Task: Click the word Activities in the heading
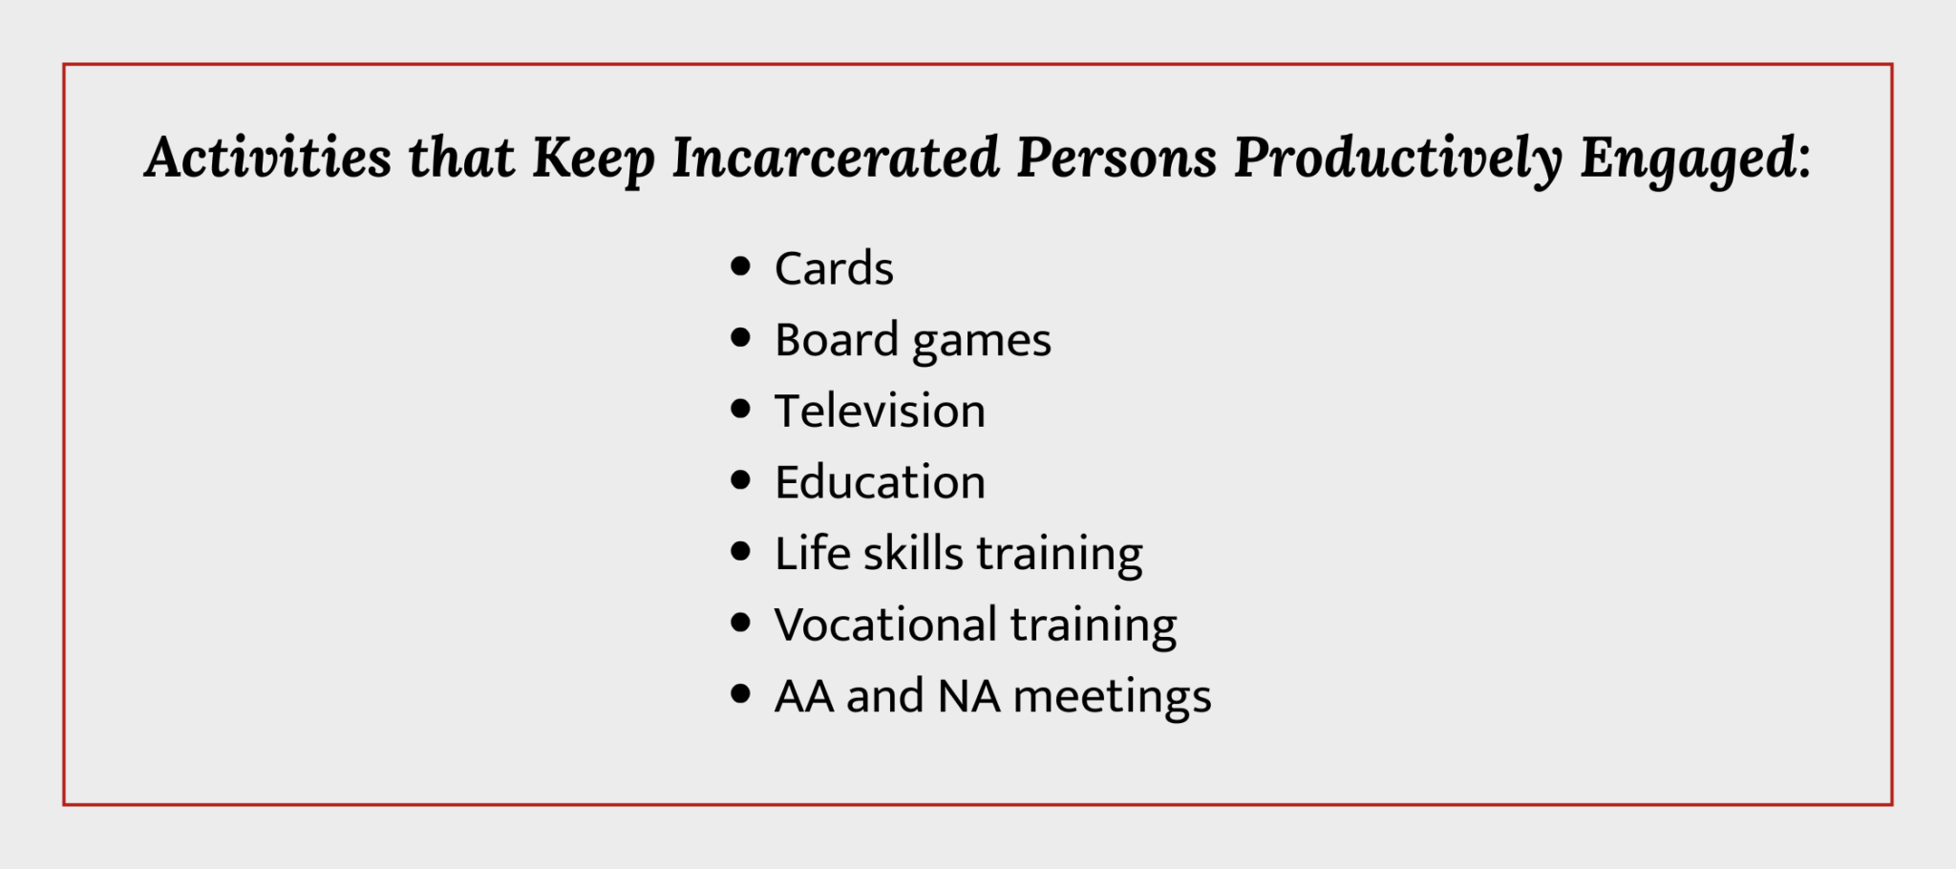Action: coord(268,158)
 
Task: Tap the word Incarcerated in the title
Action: coord(836,158)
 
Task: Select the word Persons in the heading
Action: coord(1116,158)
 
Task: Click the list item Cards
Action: coord(834,268)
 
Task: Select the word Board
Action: coord(837,340)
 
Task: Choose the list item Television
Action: coord(880,412)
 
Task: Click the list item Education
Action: coord(880,482)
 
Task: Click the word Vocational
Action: coord(885,625)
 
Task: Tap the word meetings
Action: coord(1112,698)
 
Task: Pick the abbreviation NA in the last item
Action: coord(968,696)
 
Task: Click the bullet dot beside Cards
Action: coord(740,266)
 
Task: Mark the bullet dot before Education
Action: coord(740,480)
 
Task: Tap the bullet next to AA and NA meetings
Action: coord(740,694)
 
